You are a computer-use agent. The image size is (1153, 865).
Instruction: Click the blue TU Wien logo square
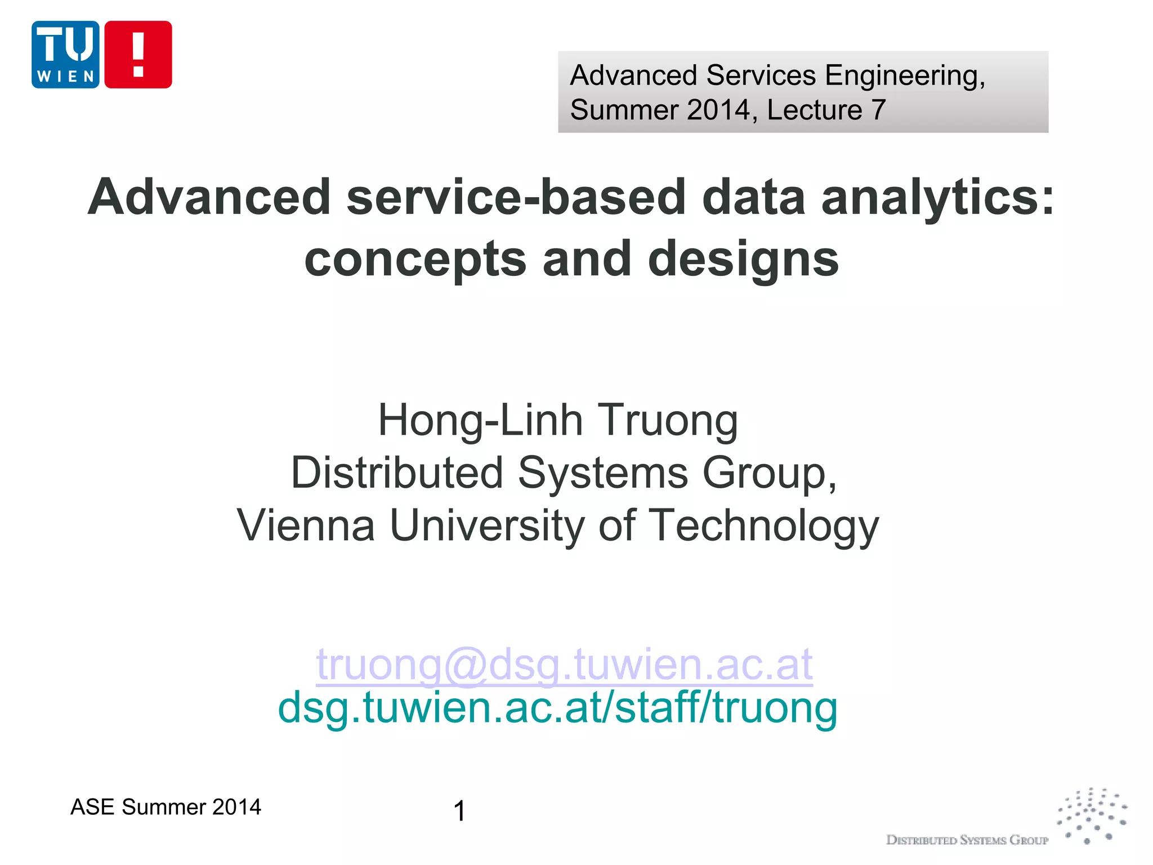(65, 55)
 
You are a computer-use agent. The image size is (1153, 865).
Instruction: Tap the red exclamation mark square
(138, 55)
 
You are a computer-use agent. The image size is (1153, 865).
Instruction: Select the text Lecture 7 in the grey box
(826, 110)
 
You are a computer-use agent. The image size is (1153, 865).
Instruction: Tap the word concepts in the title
(415, 259)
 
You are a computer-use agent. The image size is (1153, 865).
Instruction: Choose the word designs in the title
(743, 259)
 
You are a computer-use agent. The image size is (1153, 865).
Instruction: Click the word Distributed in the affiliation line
(397, 473)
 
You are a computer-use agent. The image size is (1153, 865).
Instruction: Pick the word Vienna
(306, 525)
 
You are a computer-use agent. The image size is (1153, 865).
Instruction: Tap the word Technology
(764, 525)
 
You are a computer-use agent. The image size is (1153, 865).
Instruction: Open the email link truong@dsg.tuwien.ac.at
(564, 665)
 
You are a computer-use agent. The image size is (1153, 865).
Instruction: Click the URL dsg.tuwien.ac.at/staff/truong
(557, 708)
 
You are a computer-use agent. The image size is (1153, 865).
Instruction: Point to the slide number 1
(459, 811)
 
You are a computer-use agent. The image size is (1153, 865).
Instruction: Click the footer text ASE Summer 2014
(166, 807)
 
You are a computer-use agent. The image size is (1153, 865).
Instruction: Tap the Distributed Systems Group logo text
(967, 840)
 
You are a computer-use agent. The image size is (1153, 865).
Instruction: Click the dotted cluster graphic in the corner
(1092, 815)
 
